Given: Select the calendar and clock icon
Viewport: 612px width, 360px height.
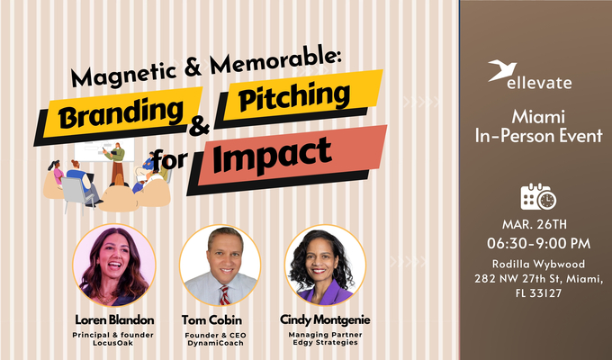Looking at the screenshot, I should point(538,195).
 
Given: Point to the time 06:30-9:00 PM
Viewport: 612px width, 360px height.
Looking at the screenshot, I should point(538,243).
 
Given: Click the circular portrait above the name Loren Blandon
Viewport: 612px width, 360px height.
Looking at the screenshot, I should point(112,265).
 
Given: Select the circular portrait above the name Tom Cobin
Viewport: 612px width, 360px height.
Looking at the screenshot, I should point(220,265).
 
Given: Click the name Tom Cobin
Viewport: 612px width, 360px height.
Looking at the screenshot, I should point(220,319).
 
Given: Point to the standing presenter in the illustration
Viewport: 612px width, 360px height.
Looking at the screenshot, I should point(114,164).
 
